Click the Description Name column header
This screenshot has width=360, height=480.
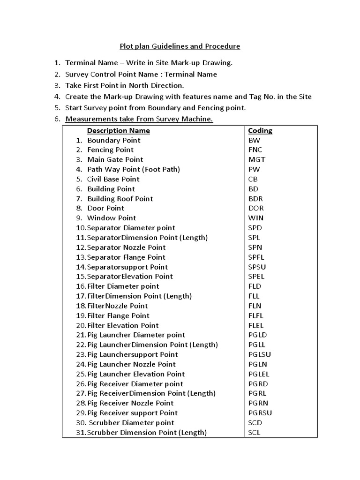click(119, 130)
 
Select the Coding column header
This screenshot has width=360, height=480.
click(260, 130)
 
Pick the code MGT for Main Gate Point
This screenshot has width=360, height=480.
click(256, 159)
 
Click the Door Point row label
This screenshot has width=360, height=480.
click(106, 208)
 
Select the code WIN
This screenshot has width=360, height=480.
click(255, 218)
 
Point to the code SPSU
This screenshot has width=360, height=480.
click(257, 267)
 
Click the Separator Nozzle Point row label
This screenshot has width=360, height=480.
click(126, 247)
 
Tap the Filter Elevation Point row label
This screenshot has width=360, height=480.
click(123, 325)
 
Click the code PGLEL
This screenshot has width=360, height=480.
click(259, 374)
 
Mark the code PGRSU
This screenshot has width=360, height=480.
click(260, 413)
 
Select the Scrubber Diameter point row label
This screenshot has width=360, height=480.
click(131, 423)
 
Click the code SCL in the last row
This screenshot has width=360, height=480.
click(254, 433)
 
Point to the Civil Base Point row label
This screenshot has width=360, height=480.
click(113, 179)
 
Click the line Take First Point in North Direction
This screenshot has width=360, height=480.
click(124, 85)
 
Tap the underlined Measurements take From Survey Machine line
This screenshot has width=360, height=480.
click(139, 119)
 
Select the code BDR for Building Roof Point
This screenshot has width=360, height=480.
click(255, 199)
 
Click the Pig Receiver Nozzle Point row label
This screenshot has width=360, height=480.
click(130, 403)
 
